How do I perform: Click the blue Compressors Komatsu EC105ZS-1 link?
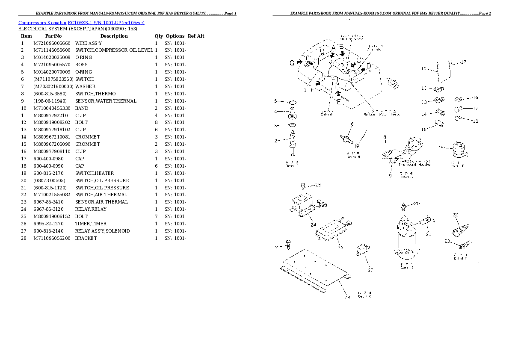pyautogui.click(x=81, y=22)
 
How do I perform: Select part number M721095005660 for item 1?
pyautogui.click(x=51, y=43)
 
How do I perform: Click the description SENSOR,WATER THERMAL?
pyautogui.click(x=106, y=101)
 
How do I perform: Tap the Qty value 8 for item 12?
pyautogui.click(x=156, y=123)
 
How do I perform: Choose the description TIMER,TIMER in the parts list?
pyautogui.click(x=91, y=224)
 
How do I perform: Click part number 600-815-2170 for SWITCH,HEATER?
pyautogui.click(x=49, y=173)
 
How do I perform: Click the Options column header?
pyautogui.click(x=175, y=36)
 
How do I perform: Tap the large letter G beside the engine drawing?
pyautogui.click(x=292, y=63)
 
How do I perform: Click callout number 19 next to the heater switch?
pyautogui.click(x=441, y=148)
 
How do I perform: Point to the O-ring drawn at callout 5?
pyautogui.click(x=293, y=102)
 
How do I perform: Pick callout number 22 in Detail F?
pyautogui.click(x=455, y=215)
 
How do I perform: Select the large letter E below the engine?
pyautogui.click(x=338, y=102)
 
